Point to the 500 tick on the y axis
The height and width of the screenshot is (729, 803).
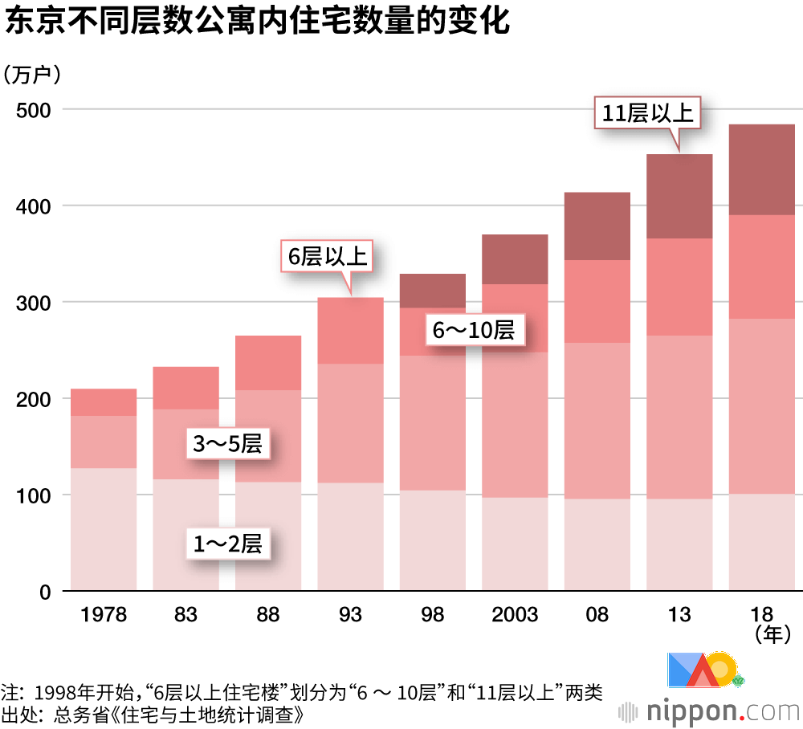(35, 110)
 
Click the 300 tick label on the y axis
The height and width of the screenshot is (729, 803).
(35, 303)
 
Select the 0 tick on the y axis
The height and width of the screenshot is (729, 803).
(45, 593)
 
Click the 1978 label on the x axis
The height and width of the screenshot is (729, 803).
(104, 616)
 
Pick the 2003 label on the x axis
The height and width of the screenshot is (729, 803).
(515, 616)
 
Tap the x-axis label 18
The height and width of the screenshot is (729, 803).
(761, 616)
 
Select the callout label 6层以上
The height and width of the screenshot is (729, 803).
(328, 257)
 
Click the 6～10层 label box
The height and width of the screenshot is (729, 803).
(474, 330)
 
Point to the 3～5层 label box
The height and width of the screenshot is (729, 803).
(228, 444)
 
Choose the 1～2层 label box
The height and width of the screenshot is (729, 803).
(228, 544)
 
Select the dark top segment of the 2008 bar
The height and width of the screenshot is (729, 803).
(597, 226)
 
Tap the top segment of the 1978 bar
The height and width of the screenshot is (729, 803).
(104, 401)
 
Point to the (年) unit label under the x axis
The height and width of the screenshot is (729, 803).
(768, 636)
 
